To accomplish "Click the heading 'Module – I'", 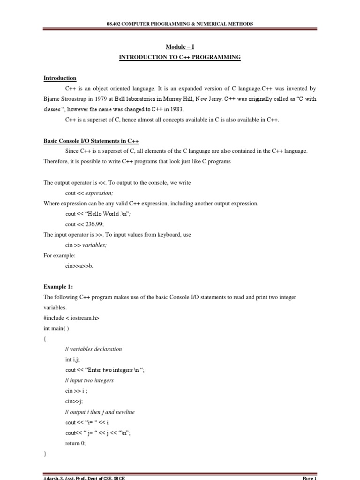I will pyautogui.click(x=180, y=47).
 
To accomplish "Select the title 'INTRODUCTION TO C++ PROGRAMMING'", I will pyautogui.click(x=180, y=57).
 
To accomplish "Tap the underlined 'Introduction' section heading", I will pyautogui.click(x=60, y=78).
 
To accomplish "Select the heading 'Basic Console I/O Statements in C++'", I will pyautogui.click(x=91, y=141).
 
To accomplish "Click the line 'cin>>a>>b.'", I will pyautogui.click(x=79, y=266).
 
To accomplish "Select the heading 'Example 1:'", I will pyautogui.click(x=58, y=286).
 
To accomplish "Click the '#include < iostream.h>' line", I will pyautogui.click(x=71, y=318).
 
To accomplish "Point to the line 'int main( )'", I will pyautogui.click(x=56, y=328).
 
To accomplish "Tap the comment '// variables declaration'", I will pyautogui.click(x=93, y=349).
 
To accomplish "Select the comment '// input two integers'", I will pyautogui.click(x=90, y=380).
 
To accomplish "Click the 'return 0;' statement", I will pyautogui.click(x=75, y=443).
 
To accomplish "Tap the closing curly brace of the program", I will pyautogui.click(x=45, y=454).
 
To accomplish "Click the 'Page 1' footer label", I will pyautogui.click(x=310, y=478).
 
